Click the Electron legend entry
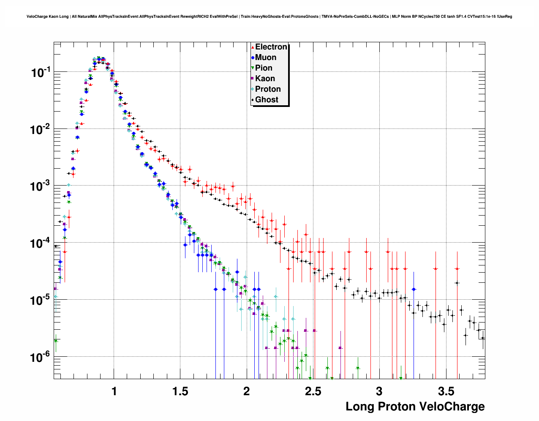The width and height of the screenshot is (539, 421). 271,47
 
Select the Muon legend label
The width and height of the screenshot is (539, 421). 266,57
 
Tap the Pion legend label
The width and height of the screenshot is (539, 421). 264,68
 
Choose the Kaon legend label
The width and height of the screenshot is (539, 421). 265,79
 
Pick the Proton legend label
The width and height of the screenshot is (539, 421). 268,89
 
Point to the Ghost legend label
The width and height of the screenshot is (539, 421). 267,100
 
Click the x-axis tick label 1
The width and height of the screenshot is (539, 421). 114,391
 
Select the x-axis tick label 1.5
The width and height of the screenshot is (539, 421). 180,391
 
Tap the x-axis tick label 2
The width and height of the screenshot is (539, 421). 247,391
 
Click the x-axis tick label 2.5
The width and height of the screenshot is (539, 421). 313,391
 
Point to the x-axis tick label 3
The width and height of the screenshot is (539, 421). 379,391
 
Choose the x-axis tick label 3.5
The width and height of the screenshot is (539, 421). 446,391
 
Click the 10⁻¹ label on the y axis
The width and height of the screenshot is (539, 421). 41,72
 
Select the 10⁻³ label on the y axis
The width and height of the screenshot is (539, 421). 41,186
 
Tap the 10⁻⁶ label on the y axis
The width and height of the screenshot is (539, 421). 41,358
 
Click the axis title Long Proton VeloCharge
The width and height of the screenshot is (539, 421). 415,407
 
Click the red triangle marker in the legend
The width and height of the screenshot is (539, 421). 253,47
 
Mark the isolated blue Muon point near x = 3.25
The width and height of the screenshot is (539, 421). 414,289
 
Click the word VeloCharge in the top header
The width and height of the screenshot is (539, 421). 36,16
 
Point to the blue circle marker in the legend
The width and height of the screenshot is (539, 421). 253,58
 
